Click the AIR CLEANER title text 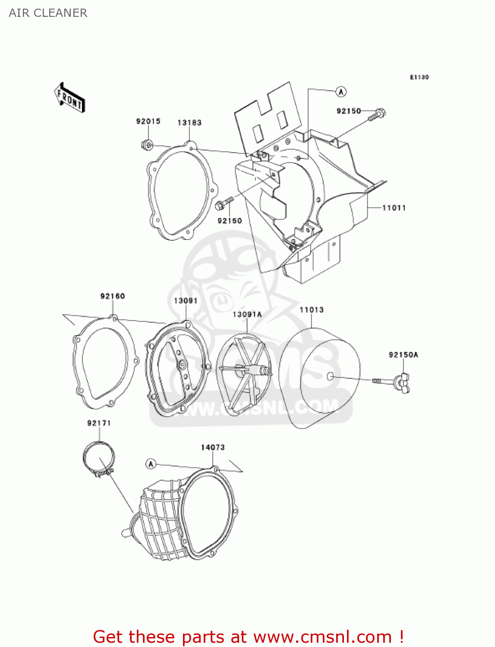(48, 13)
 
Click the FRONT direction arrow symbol (69, 98)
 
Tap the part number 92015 (148, 121)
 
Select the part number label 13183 (189, 122)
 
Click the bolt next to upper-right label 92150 (377, 115)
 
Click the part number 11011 (394, 208)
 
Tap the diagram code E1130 (419, 77)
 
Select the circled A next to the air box (341, 91)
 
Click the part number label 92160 (113, 296)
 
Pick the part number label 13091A (247, 314)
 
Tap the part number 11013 (311, 310)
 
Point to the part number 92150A (403, 355)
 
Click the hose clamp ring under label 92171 (99, 458)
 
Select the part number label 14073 (213, 447)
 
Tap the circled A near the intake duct (151, 464)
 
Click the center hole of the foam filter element (330, 377)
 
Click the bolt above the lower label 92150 (224, 204)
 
